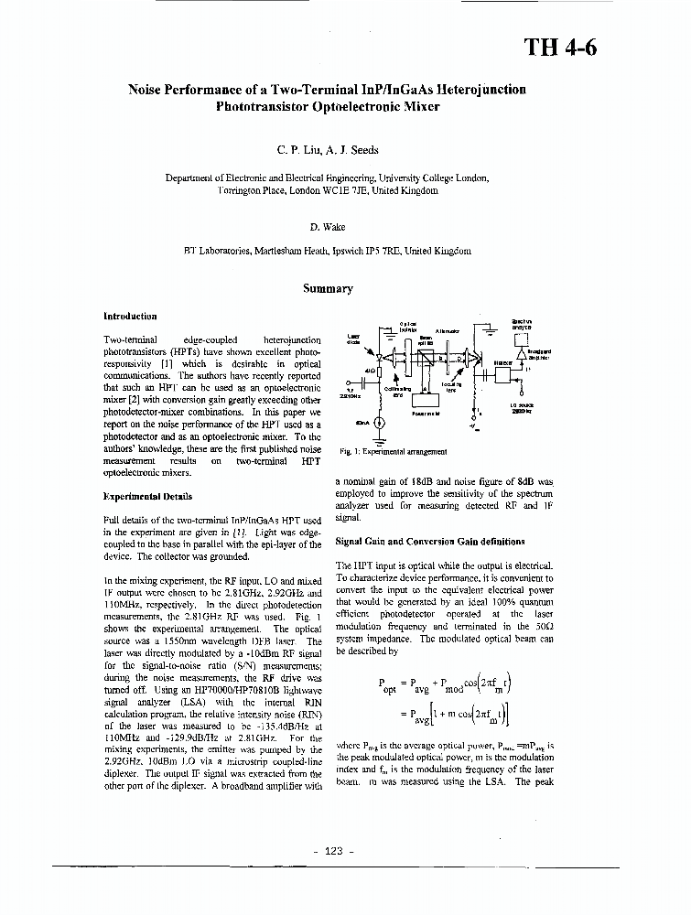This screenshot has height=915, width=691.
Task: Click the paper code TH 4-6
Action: coord(560,48)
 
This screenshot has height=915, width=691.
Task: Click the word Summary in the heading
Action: coord(328,288)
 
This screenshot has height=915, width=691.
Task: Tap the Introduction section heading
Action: coord(130,316)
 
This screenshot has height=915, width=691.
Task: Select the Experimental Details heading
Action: coord(147,496)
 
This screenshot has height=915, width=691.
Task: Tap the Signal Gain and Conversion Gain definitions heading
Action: coord(429,542)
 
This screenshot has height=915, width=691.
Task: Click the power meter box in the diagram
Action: coord(424,401)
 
